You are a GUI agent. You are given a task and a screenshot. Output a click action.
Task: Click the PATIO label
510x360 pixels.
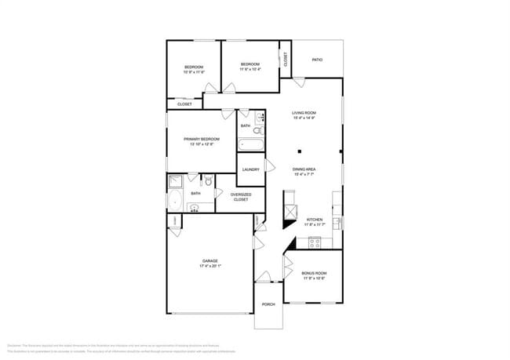pos(317,60)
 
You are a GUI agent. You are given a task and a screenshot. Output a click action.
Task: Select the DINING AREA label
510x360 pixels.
pos(304,169)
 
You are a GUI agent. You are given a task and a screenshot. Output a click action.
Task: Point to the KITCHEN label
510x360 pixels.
pos(314,220)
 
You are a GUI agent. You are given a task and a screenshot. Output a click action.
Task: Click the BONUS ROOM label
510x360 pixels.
pos(314,273)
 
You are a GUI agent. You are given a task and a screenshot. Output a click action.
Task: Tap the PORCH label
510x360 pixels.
pos(268,305)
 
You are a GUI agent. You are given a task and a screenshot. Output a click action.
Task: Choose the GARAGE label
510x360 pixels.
pos(210,261)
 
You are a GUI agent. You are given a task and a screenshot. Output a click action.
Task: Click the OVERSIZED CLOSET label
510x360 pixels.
pos(239,197)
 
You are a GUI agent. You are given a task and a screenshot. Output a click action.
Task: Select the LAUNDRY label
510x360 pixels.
pos(250,169)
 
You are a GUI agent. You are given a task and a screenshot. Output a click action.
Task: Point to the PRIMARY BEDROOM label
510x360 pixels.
pos(202,140)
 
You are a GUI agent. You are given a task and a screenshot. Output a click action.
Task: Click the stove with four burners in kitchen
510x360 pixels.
pos(315,242)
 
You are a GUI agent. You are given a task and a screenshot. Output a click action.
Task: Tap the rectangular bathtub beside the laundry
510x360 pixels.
pos(251,144)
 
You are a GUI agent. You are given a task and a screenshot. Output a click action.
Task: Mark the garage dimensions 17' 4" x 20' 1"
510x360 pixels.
pos(210,267)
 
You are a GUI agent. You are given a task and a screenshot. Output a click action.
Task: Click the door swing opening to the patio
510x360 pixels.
pos(298,81)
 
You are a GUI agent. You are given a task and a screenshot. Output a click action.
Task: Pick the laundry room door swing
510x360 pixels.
pos(269,165)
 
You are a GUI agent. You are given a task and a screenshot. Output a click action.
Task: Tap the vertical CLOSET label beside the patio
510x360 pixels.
pos(286,59)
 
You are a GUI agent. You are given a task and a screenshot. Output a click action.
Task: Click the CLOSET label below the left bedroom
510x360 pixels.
pos(184,104)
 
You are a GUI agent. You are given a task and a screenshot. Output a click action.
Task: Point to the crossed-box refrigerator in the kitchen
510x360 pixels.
pos(290,211)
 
